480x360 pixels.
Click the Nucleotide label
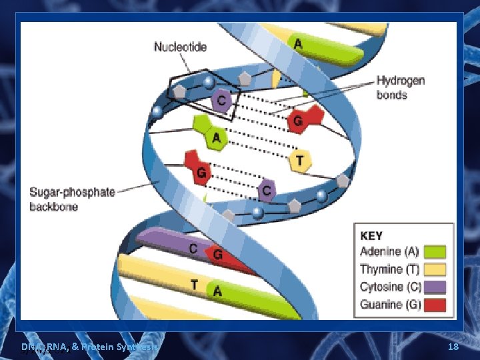(180, 47)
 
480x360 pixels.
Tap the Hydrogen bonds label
(401, 87)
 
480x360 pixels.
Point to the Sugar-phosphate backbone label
(72, 199)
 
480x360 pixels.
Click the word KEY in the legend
(371, 235)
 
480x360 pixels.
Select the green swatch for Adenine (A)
(435, 252)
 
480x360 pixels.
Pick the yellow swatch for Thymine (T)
(435, 269)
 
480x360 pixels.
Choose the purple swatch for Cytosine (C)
(435, 287)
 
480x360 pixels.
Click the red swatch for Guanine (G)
(435, 305)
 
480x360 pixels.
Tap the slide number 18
(453, 347)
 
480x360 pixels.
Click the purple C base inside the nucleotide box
(222, 101)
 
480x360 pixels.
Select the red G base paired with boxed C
(299, 121)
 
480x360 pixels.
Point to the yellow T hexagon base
(300, 160)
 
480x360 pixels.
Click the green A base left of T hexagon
(215, 138)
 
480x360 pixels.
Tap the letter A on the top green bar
(297, 43)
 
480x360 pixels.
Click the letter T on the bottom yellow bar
(194, 285)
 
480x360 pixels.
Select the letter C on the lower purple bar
(193, 248)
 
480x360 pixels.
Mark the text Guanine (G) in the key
(390, 305)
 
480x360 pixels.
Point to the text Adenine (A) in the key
(390, 252)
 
